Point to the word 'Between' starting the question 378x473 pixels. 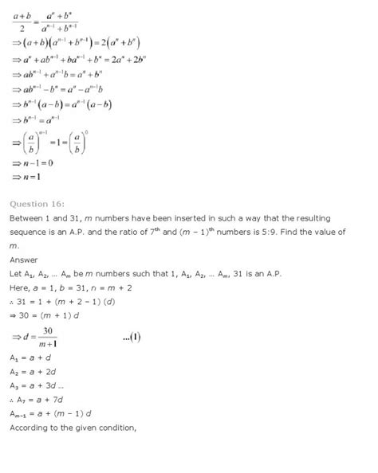pyautogui.click(x=26, y=217)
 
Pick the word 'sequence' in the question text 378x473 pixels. pyautogui.click(x=30, y=232)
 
